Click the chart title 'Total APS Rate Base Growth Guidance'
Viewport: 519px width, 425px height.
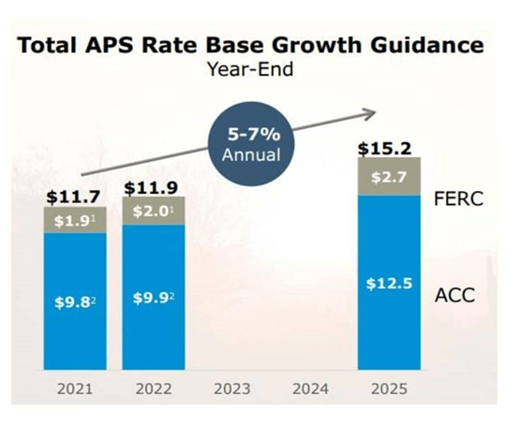252,45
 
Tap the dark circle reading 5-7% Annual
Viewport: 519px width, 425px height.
250,140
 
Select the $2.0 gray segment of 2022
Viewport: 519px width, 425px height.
154,211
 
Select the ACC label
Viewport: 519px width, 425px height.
454,296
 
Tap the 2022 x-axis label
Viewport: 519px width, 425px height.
154,388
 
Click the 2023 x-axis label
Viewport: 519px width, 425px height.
232,388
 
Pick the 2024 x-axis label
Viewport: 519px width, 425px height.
311,388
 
